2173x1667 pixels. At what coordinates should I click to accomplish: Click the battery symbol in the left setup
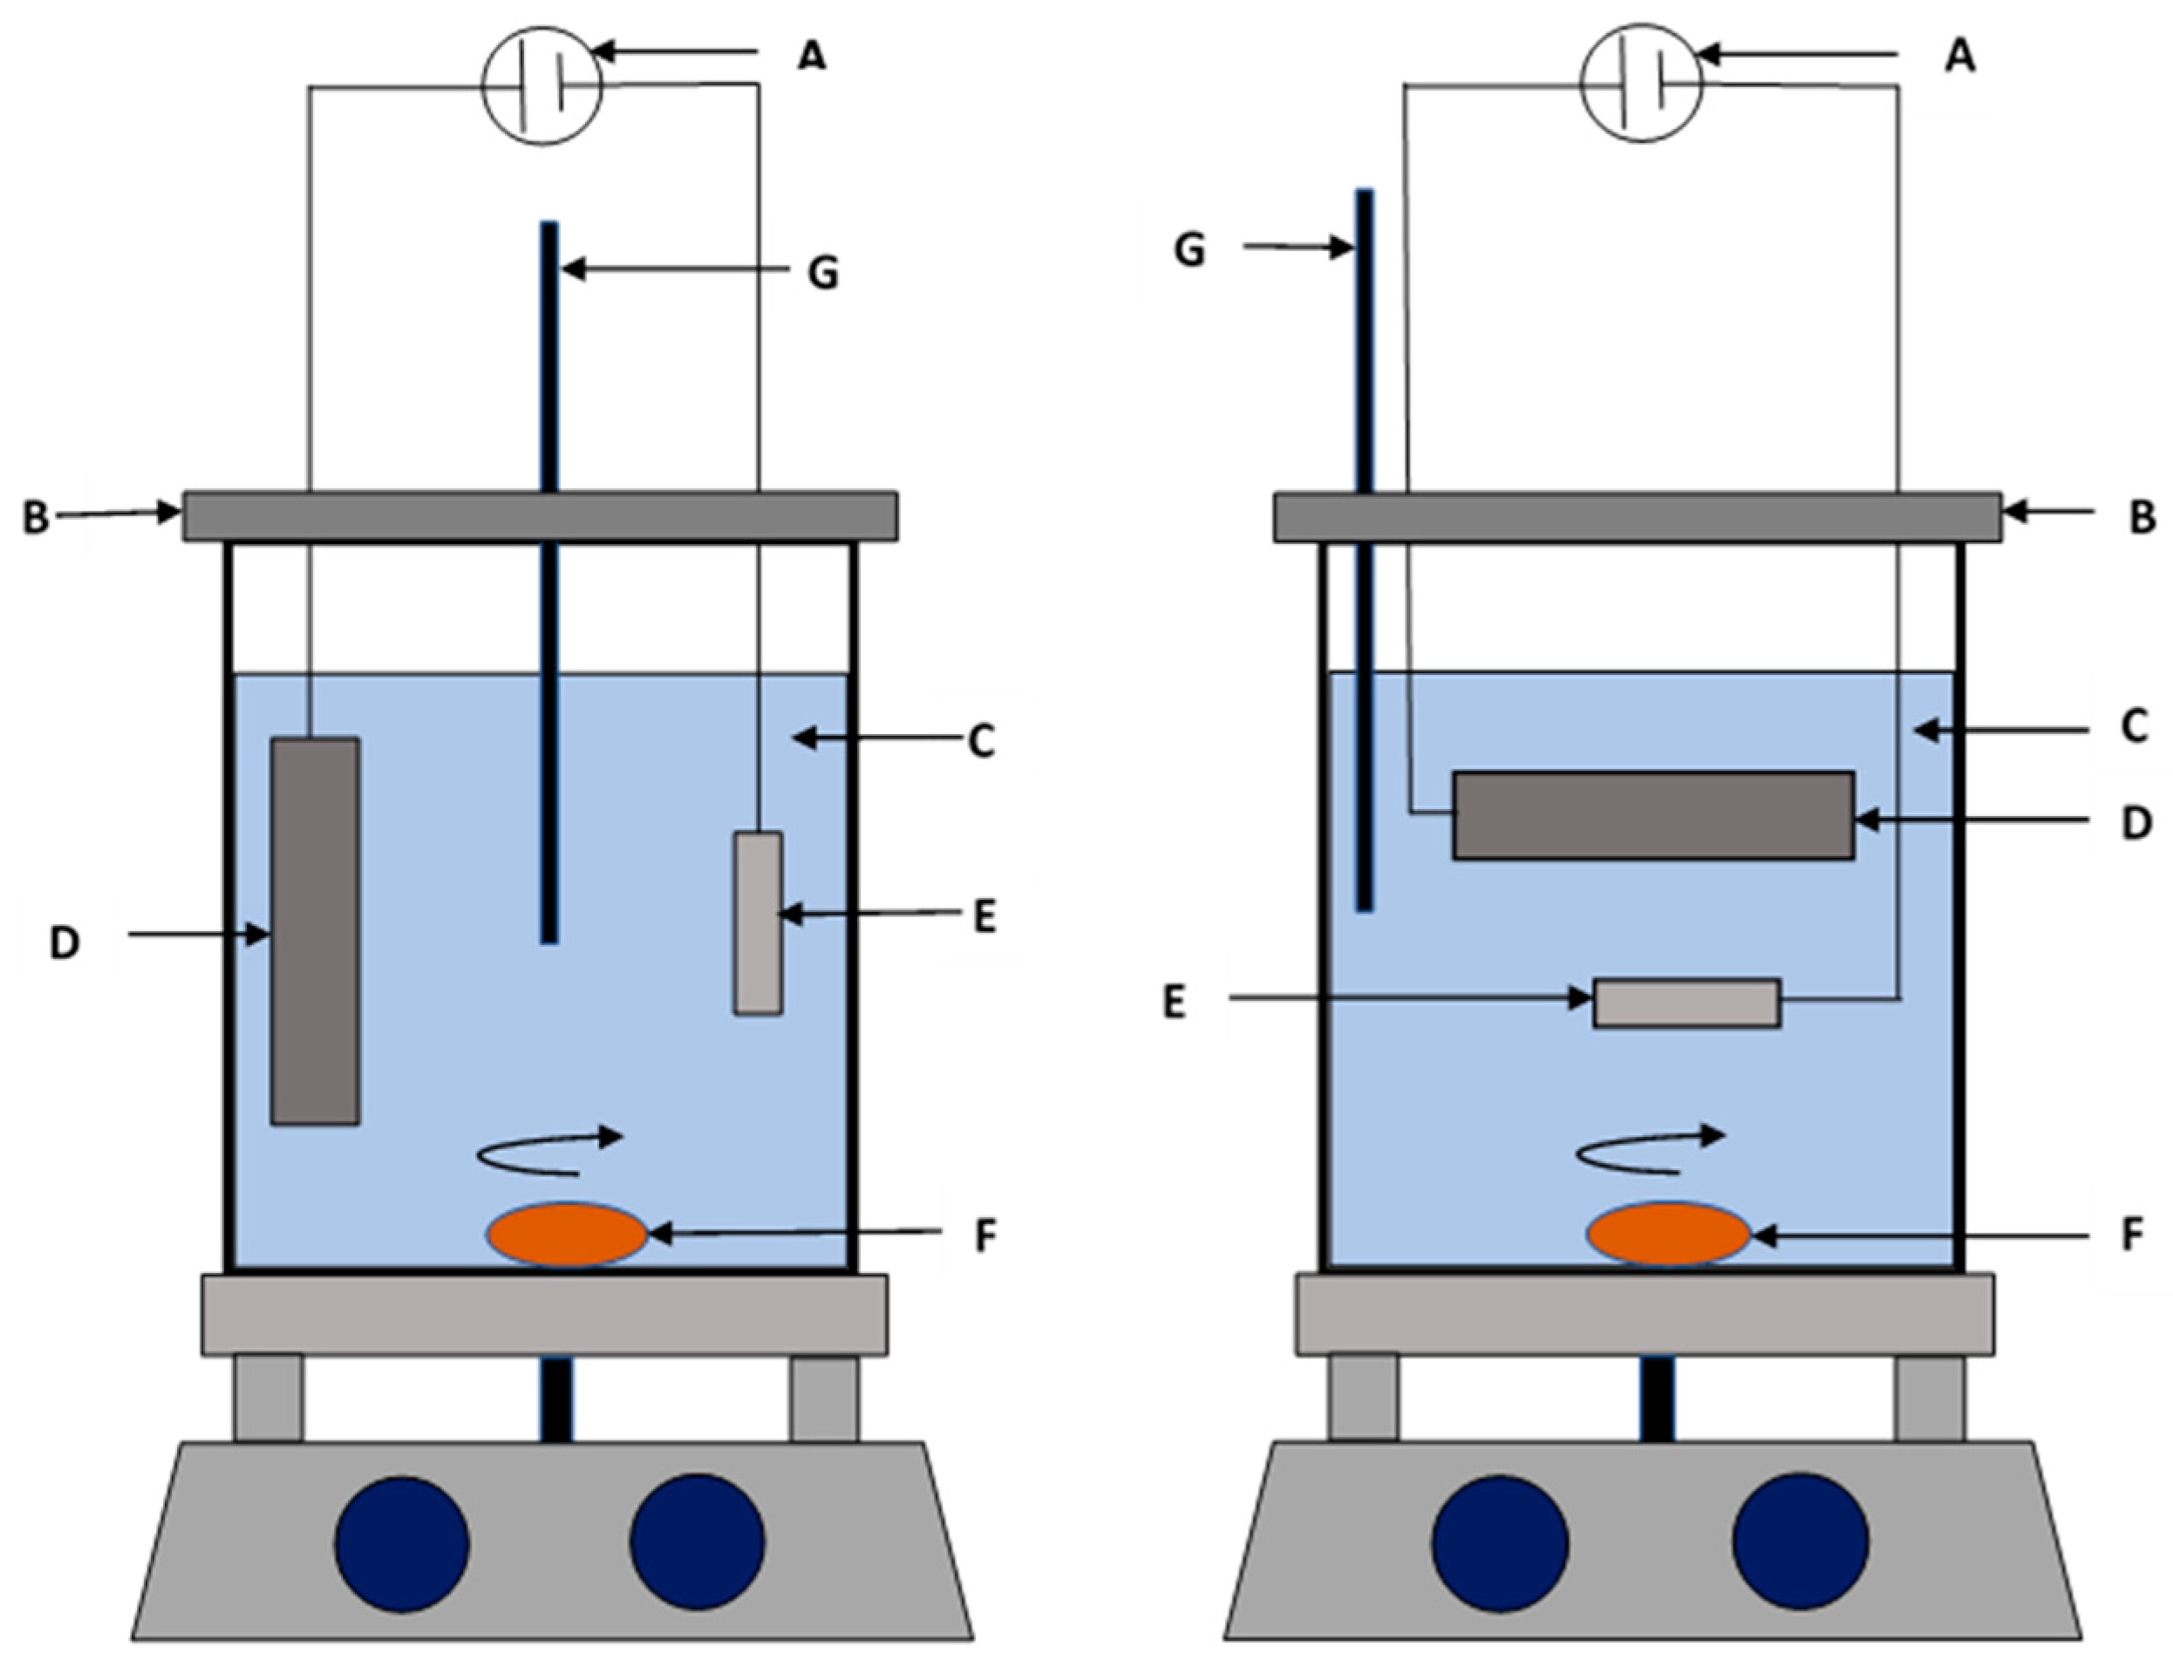(x=541, y=85)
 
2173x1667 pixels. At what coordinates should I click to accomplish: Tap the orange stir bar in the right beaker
(x=1669, y=1234)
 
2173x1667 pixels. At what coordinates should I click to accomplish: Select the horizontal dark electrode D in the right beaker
(x=1652, y=813)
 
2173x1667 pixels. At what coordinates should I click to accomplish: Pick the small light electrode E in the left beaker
(x=757, y=922)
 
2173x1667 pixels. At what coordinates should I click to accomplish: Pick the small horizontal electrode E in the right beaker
(x=1686, y=1002)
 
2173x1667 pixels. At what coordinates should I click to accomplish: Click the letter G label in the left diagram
(x=822, y=271)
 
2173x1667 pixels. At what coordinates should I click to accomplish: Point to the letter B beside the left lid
(x=36, y=518)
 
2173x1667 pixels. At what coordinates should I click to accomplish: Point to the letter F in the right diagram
(x=2131, y=1235)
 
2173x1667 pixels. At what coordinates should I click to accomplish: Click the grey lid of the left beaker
(x=540, y=516)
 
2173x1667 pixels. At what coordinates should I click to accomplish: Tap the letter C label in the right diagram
(x=2133, y=726)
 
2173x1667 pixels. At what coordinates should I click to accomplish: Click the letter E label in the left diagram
(x=984, y=917)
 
